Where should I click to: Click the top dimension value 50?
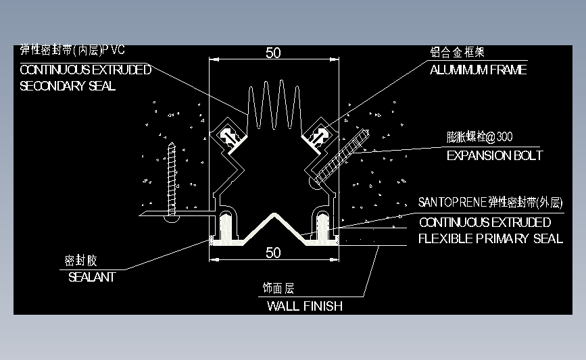click(273, 53)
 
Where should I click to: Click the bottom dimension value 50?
click(273, 253)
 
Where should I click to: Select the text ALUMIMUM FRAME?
click(479, 70)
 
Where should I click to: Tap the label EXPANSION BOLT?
click(495, 156)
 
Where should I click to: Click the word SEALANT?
click(92, 277)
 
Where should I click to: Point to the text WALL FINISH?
click(305, 306)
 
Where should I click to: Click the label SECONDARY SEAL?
click(68, 86)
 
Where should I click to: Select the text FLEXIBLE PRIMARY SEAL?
click(491, 238)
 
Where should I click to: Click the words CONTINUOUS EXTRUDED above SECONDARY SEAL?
click(86, 70)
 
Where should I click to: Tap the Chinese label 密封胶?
click(80, 261)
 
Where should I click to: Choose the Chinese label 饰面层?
click(278, 288)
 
